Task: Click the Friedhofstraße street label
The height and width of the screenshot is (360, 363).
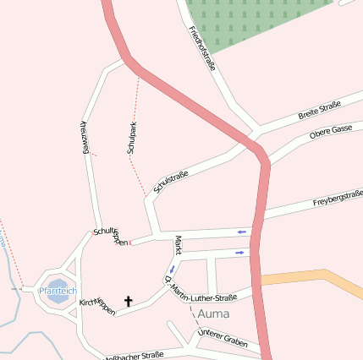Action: click(x=202, y=48)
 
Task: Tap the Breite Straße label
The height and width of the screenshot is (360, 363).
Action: click(x=319, y=111)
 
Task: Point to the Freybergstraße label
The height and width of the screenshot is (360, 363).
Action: click(x=338, y=199)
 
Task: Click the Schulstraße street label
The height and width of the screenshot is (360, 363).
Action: click(x=171, y=182)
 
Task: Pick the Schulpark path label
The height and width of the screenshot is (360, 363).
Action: click(x=132, y=138)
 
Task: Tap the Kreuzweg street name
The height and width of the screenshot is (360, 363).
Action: click(x=85, y=136)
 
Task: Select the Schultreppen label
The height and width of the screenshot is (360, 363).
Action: click(x=112, y=236)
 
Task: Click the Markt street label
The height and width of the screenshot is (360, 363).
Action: click(x=178, y=245)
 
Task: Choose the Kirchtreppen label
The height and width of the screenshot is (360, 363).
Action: click(x=96, y=306)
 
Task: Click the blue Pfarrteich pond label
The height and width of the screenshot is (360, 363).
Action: click(x=57, y=290)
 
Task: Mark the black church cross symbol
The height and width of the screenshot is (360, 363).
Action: click(x=129, y=300)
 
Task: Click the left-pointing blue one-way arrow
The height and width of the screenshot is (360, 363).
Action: click(x=242, y=231)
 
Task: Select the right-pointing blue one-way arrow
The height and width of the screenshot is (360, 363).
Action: click(x=241, y=252)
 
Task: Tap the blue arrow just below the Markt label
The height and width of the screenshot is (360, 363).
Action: click(x=172, y=270)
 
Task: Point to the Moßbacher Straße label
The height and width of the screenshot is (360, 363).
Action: click(x=134, y=356)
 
